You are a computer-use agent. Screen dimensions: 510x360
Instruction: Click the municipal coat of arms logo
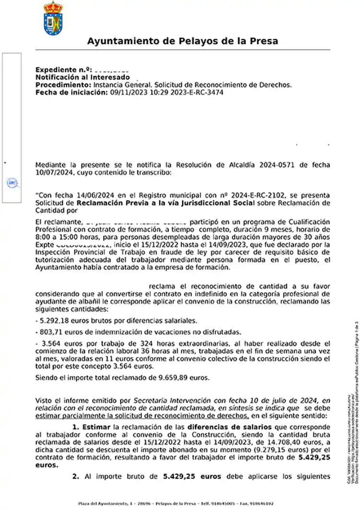point(53,19)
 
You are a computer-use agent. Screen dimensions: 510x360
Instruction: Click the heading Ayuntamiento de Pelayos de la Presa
point(182,41)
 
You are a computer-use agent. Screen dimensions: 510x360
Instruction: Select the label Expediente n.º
point(64,70)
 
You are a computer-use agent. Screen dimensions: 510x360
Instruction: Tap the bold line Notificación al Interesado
point(83,77)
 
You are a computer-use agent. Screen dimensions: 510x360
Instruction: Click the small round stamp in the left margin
point(12,182)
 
